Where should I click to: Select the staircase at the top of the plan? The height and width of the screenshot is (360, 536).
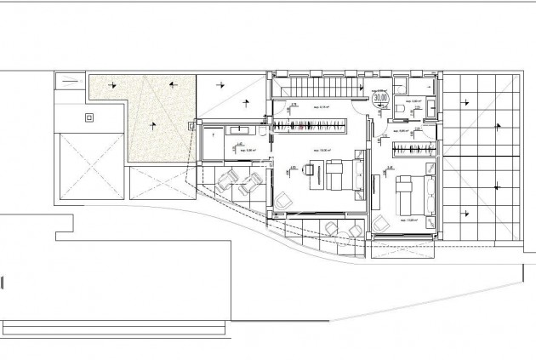point(318,86)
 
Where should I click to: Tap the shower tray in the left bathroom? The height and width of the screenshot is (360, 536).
point(208,145)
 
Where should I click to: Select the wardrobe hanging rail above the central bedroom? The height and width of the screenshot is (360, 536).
point(310,128)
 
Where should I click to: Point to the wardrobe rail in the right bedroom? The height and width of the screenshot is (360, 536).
point(413,151)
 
